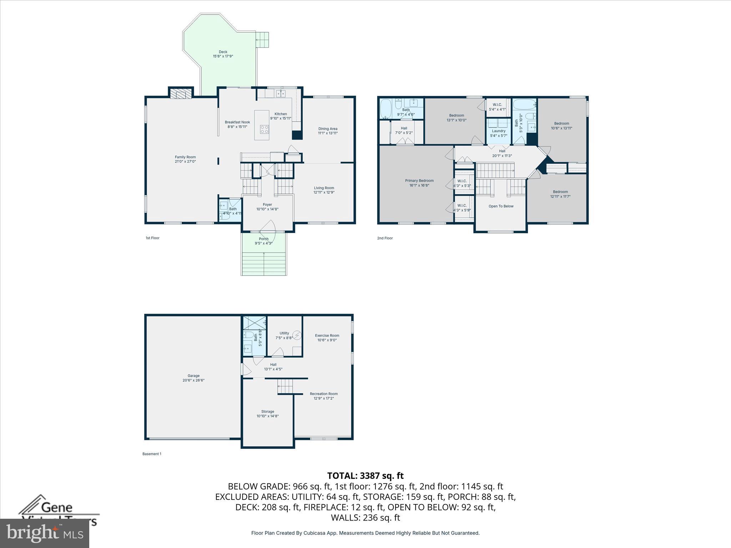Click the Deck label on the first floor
click(x=223, y=52)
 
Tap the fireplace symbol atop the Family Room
click(x=181, y=94)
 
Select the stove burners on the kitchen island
click(x=264, y=129)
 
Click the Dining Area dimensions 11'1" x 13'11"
click(x=328, y=133)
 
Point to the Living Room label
click(x=324, y=188)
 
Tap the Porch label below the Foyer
click(x=263, y=239)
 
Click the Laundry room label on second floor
click(x=498, y=131)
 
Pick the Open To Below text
click(x=501, y=206)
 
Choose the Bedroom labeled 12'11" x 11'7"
click(x=560, y=192)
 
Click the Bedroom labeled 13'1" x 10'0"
click(x=456, y=115)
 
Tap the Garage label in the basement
click(x=193, y=376)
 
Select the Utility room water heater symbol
click(x=297, y=335)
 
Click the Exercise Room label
click(x=327, y=335)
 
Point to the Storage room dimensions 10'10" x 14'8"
click(x=267, y=416)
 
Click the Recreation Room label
click(x=323, y=394)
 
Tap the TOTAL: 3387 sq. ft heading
click(x=365, y=476)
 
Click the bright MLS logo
click(x=45, y=533)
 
